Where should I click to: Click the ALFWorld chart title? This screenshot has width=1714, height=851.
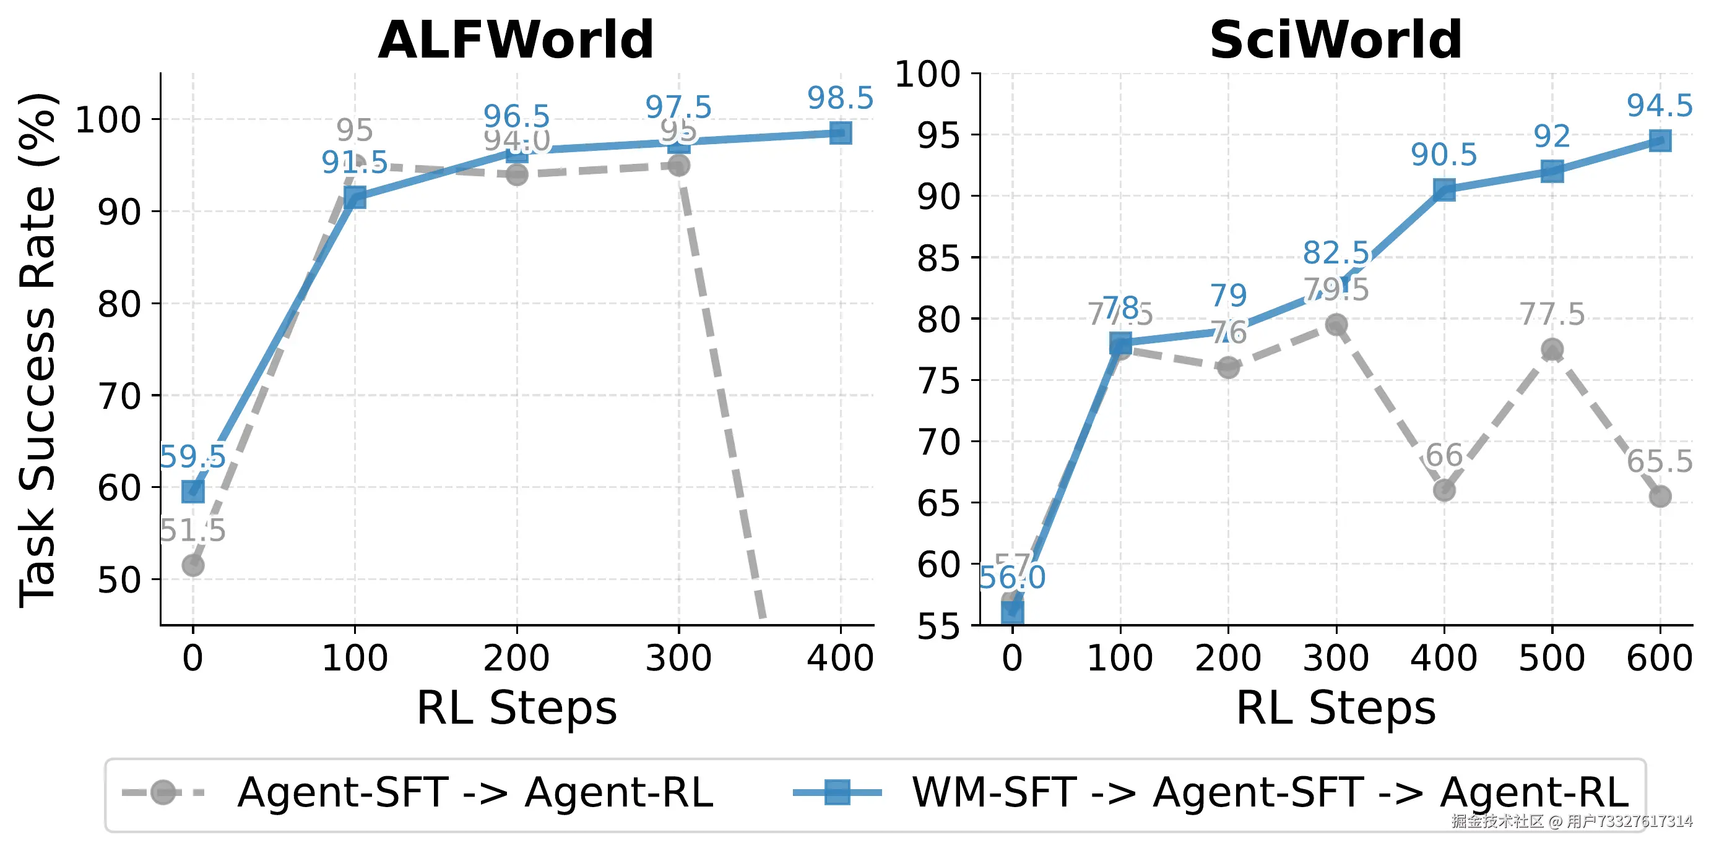516,40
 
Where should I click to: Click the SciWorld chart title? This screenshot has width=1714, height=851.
1335,40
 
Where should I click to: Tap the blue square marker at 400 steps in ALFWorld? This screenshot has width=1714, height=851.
841,133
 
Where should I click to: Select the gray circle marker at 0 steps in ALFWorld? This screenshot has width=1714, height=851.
193,565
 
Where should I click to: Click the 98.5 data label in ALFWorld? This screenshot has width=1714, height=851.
840,98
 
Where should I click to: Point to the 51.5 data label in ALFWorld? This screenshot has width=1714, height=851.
193,531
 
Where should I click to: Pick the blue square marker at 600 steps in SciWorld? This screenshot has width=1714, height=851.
1660,140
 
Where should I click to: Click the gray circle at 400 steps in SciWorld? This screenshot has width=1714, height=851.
1444,490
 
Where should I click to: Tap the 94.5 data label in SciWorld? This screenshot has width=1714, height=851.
1660,106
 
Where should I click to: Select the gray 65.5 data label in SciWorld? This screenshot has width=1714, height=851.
1660,461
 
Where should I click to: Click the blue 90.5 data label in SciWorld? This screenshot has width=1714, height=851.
1444,155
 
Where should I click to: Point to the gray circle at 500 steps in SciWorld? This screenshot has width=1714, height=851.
1552,349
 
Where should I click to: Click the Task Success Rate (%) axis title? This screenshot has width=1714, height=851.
38,349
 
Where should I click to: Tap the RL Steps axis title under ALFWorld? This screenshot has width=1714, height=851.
516,708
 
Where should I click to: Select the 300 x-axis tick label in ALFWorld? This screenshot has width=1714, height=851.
678,658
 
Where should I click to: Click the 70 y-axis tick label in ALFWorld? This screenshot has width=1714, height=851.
119,396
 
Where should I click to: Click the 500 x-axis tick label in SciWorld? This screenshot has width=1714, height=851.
1552,658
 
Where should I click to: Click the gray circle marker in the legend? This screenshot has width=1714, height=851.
163,792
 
